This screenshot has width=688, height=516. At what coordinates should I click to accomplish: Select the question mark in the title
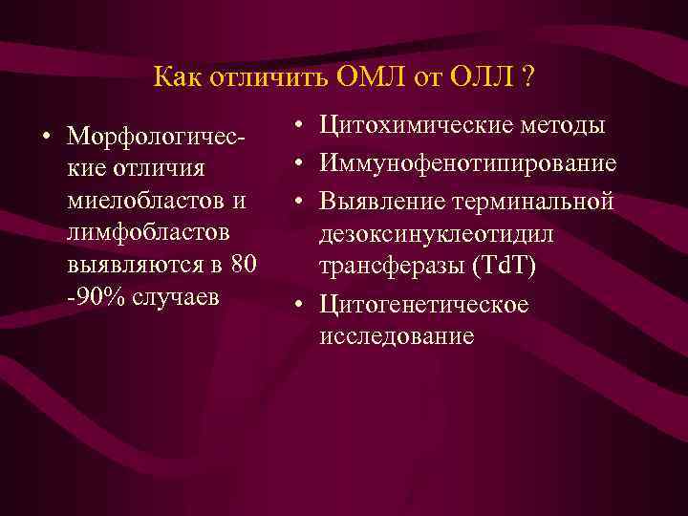527,75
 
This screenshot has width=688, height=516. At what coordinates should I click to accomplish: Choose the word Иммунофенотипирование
468,164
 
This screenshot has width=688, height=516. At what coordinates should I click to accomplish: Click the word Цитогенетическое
424,305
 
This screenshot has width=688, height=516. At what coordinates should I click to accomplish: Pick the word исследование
397,336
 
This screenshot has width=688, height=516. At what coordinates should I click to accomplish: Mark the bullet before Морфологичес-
46,135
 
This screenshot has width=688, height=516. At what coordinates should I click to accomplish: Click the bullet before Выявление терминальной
299,203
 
